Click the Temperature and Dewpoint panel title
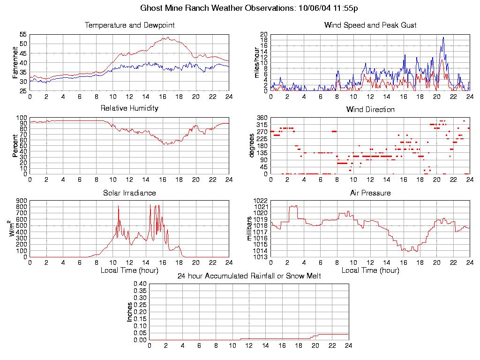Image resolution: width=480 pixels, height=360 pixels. [x=129, y=25]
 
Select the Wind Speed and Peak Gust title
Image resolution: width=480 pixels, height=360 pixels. [x=370, y=25]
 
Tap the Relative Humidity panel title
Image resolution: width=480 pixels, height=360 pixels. [x=129, y=108]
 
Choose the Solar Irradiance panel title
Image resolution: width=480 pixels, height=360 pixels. [x=129, y=193]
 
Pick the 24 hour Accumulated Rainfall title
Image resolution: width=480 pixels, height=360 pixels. [x=249, y=276]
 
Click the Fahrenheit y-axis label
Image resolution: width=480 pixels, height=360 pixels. [x=15, y=62]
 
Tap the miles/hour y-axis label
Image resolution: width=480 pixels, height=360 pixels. [x=256, y=62]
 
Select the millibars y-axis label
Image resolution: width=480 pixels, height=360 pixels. [x=250, y=228]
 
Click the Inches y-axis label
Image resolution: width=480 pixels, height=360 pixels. [x=130, y=312]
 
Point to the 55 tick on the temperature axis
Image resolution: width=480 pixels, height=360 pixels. [x=23, y=35]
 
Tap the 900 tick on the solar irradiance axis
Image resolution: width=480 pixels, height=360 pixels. [x=22, y=201]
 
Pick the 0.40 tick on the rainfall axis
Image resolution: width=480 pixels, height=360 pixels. [x=140, y=284]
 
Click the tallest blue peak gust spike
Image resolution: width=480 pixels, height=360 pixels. [x=443, y=37]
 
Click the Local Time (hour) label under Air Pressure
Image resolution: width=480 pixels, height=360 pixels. [x=370, y=270]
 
